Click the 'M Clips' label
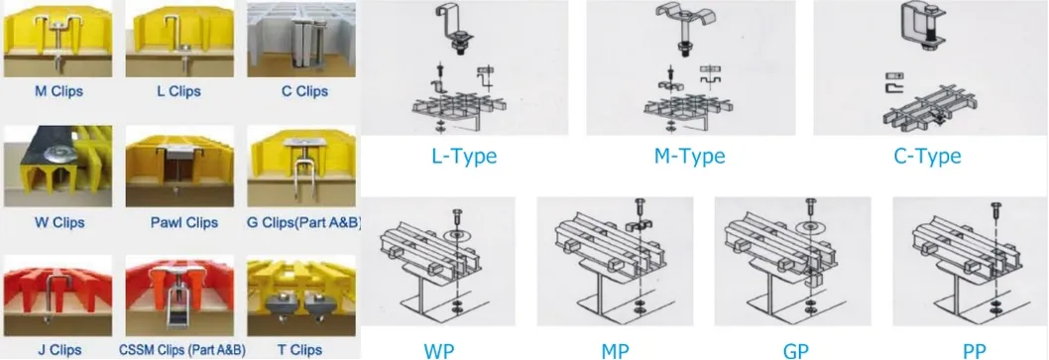58,91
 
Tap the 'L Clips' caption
178,91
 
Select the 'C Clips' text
304,91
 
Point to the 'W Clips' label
58,221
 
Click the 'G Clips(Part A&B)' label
303,221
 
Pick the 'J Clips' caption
59,349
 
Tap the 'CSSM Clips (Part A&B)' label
182,349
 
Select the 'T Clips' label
299,349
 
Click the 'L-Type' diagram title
463,157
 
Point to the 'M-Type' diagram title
690,157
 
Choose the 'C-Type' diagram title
927,157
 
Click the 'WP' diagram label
438,351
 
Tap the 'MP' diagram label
615,351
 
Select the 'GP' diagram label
792,351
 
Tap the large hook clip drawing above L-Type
457,30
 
